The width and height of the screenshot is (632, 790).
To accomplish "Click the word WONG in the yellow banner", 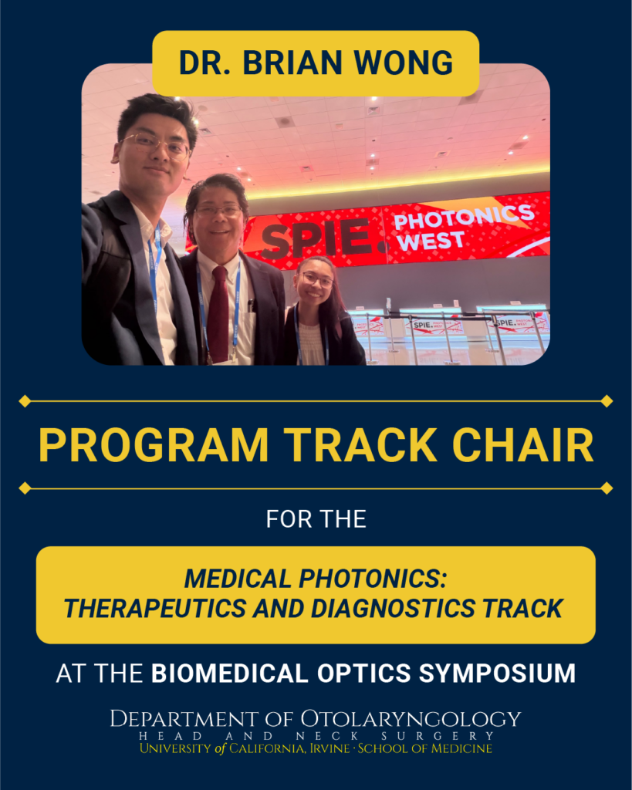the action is [x=403, y=63].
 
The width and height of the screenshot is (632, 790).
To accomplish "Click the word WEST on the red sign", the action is [x=430, y=241].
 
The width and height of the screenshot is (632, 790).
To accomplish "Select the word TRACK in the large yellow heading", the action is [x=360, y=445].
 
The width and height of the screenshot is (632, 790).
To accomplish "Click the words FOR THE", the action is [x=316, y=519].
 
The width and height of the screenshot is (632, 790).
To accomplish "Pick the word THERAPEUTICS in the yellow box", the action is [x=155, y=608].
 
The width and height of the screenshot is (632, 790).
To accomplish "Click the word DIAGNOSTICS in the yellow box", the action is [x=393, y=608].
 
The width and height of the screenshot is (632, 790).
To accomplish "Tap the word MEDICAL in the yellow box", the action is [x=238, y=579].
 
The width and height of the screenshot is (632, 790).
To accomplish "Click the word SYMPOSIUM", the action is [x=497, y=674].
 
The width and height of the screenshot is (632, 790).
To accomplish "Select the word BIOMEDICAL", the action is [x=230, y=674].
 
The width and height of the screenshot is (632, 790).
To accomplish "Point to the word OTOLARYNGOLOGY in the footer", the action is [x=411, y=719].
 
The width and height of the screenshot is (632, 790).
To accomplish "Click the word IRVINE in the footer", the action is [x=330, y=748].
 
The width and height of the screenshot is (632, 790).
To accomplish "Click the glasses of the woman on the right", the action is [x=317, y=279].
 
